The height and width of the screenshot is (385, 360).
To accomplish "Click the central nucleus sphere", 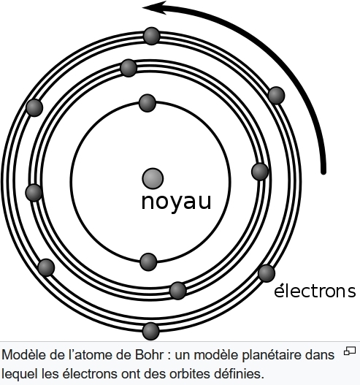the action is [x=153, y=178].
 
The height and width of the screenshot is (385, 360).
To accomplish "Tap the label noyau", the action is [x=176, y=202].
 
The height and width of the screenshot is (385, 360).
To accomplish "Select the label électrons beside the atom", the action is [x=315, y=291].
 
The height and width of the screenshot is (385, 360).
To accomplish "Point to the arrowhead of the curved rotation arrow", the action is [x=148, y=7].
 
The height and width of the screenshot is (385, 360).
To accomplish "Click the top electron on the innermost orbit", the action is [x=148, y=103].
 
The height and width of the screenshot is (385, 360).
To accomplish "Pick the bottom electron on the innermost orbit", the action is [x=148, y=262].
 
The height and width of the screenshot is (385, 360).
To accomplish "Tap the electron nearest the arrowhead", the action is [x=152, y=36].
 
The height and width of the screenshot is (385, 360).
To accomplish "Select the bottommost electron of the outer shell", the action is [x=151, y=331].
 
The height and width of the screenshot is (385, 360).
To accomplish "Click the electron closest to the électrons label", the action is [x=267, y=273].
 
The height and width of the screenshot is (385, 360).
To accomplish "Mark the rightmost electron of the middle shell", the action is [x=260, y=172].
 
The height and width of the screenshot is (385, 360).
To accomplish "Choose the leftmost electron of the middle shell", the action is [x=34, y=193].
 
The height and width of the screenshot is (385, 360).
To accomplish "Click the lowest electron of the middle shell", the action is [x=178, y=291].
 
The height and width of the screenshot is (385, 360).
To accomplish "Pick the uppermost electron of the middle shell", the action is [x=129, y=68].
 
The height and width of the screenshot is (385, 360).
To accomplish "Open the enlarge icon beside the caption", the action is [x=350, y=351].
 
